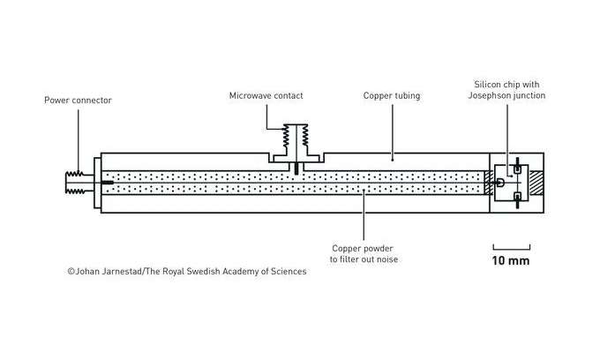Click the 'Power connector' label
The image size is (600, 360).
click(x=78, y=100)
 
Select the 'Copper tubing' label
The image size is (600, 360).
click(x=392, y=94)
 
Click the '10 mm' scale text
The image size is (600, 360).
click(x=511, y=261)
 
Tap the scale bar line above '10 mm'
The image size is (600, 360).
click(x=511, y=245)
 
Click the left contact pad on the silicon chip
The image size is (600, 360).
click(x=500, y=183)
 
